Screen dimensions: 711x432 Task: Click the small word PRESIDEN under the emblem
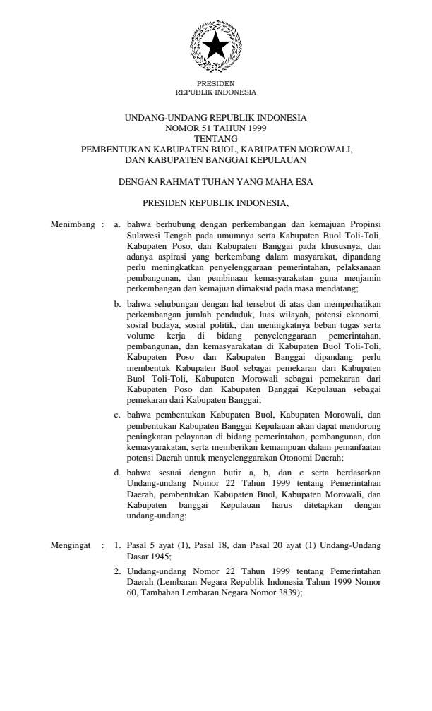pos(215,83)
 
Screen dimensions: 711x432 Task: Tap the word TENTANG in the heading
pos(216,140)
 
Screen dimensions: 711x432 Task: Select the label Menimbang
pos(73,224)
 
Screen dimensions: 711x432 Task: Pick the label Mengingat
pos(72,545)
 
